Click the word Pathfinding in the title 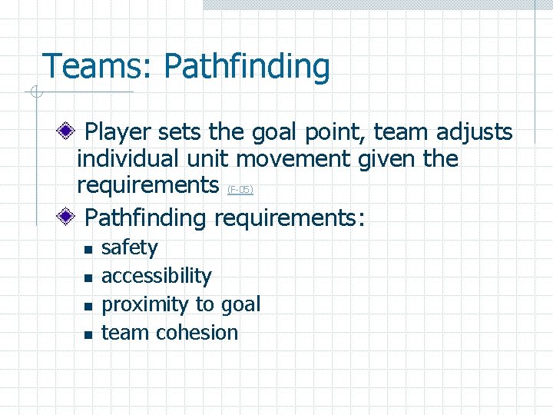click(x=247, y=68)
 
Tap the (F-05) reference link click(x=240, y=189)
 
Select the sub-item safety click(x=129, y=248)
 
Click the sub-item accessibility click(x=156, y=276)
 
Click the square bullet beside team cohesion click(x=88, y=334)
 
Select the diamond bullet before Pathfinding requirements click(x=68, y=217)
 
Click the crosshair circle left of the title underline click(x=33, y=94)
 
